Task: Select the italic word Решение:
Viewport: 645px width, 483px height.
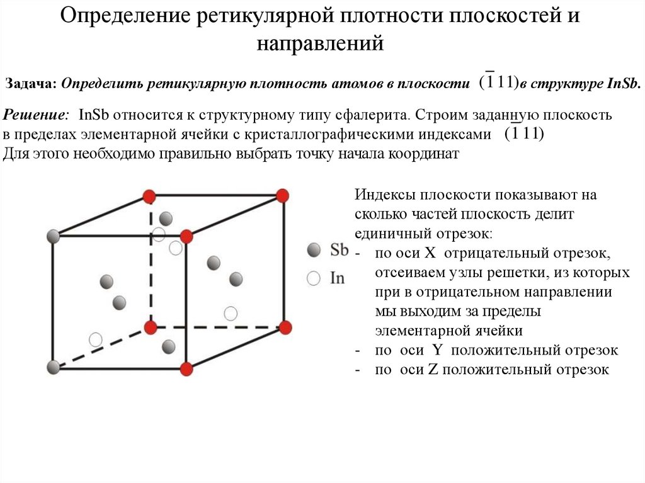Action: [x=37, y=116]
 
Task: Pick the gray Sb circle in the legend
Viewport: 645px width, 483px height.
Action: [x=313, y=251]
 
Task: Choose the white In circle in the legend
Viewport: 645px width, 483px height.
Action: [x=313, y=278]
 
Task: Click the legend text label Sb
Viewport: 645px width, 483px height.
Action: [x=339, y=250]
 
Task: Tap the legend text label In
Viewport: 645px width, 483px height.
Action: [x=338, y=278]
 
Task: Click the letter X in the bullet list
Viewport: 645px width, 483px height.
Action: [x=431, y=253]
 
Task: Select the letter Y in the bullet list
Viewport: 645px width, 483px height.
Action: [x=437, y=350]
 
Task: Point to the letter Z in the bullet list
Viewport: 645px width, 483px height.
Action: [x=433, y=370]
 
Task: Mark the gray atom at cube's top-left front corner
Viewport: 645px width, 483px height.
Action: [x=54, y=237]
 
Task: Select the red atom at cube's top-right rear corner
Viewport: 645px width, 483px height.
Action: [x=283, y=196]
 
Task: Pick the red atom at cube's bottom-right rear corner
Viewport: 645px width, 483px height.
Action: [x=285, y=327]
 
